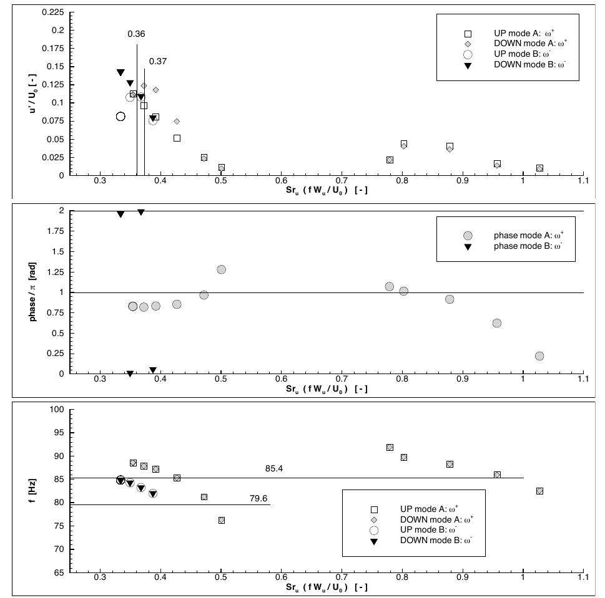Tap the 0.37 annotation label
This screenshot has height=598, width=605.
coord(158,61)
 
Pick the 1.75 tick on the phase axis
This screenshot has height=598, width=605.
coord(56,231)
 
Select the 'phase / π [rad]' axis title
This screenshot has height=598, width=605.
coord(32,292)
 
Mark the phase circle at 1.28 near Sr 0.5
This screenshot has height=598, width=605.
coord(221,269)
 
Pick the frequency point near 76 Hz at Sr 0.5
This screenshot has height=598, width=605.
coord(222,520)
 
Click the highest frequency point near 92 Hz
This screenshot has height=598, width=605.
coord(390,447)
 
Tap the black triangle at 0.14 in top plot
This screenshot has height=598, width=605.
coord(121,73)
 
